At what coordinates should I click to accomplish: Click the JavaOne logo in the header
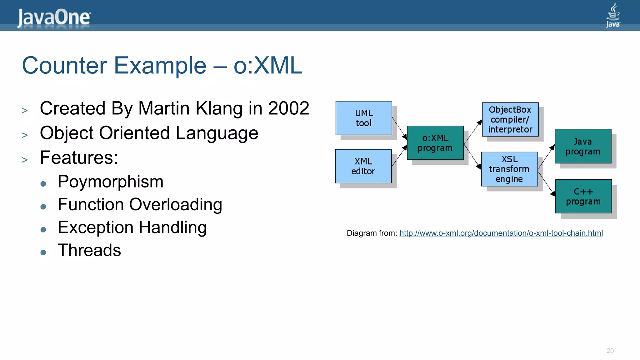(x=54, y=17)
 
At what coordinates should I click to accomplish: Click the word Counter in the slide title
(x=64, y=66)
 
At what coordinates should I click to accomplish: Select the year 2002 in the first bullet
(x=288, y=108)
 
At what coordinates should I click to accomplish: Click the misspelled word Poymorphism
(x=110, y=182)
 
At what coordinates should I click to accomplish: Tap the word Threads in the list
(x=89, y=250)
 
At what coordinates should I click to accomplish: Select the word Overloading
(x=175, y=205)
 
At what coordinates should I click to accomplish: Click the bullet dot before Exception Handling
(x=43, y=230)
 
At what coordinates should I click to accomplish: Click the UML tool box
(x=364, y=118)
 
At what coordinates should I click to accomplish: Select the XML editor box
(x=363, y=166)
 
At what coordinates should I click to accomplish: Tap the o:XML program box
(x=435, y=143)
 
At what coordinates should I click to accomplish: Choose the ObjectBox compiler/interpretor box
(x=510, y=119)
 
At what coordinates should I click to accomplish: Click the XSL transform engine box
(x=509, y=169)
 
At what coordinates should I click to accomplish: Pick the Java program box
(x=583, y=146)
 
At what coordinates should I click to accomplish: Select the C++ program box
(x=583, y=196)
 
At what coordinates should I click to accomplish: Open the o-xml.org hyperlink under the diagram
(x=501, y=233)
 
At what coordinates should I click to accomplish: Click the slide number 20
(x=610, y=351)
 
